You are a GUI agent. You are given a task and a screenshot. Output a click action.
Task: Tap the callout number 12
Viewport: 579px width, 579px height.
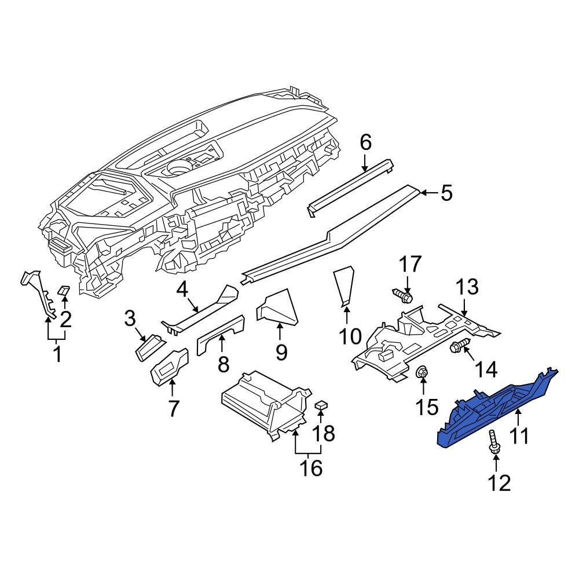[x=500, y=482]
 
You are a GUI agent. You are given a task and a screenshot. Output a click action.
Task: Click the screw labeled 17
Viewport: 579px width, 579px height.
[x=404, y=297]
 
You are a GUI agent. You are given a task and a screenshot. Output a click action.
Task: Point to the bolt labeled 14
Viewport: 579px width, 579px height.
[x=459, y=347]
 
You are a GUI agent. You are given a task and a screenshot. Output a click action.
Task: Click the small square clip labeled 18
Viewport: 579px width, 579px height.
[x=323, y=405]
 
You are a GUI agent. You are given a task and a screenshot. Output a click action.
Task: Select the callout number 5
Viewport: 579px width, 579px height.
[x=446, y=193]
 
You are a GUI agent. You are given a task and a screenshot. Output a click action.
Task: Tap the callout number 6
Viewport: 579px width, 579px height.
[x=365, y=142]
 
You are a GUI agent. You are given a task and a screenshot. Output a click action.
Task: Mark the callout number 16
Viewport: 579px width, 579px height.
[x=312, y=467]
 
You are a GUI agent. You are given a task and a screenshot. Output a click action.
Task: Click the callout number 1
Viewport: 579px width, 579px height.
[x=57, y=354]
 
